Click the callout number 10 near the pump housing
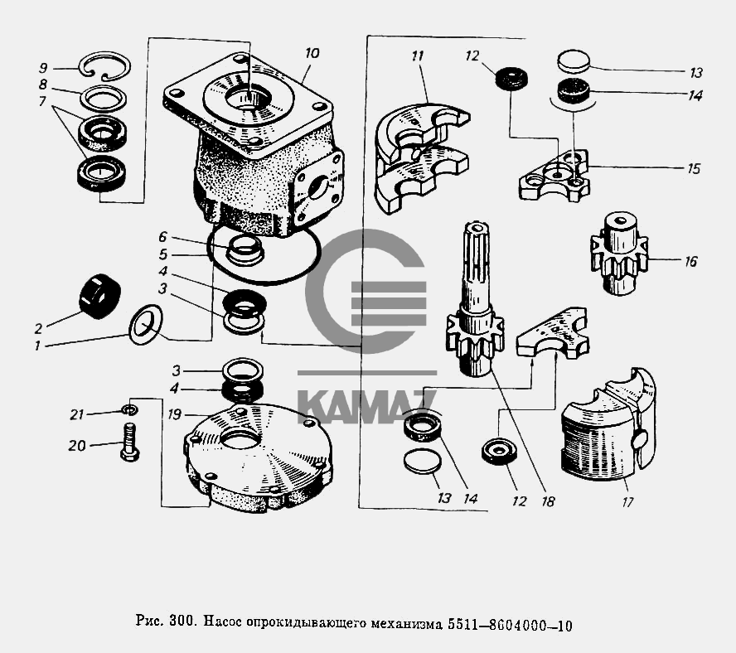pos(312,53)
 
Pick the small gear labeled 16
pos(618,253)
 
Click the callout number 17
pos(627,501)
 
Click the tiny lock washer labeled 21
pos(127,409)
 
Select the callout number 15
pos(693,168)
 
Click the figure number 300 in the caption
pos(181,623)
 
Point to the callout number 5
pos(163,254)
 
